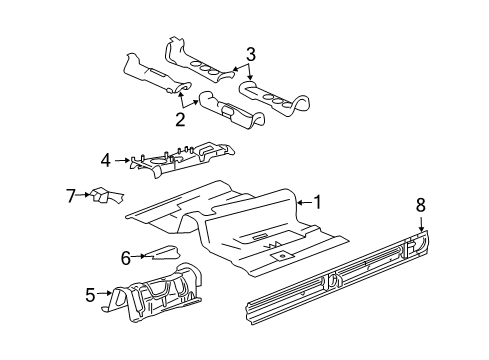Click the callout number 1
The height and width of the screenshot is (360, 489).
click(318, 202)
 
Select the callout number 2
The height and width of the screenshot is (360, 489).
click(181, 120)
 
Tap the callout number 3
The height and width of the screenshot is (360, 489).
click(251, 54)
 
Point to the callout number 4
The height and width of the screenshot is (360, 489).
click(105, 158)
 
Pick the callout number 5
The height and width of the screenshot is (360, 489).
click(91, 294)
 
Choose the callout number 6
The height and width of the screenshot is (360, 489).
click(126, 257)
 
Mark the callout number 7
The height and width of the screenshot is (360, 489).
click(71, 194)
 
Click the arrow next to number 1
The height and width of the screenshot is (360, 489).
click(303, 203)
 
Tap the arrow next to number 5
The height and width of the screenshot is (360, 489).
click(105, 294)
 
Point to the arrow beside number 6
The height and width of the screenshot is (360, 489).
click(140, 257)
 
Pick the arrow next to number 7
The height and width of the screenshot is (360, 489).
click(85, 195)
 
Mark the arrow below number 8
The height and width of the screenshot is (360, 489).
click(420, 248)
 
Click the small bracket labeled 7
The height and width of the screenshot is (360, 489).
click(103, 196)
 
